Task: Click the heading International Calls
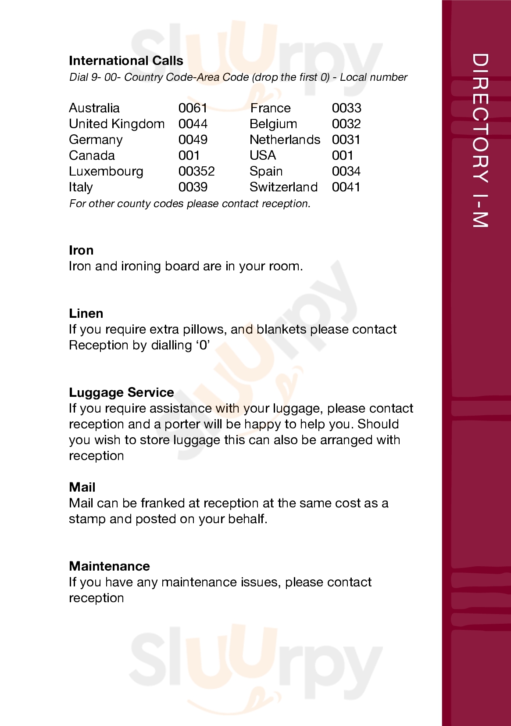(x=126, y=61)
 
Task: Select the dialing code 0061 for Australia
(x=193, y=108)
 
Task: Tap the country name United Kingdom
(x=117, y=124)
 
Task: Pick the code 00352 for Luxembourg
(x=197, y=171)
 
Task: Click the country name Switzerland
(x=283, y=187)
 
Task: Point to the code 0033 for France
(x=347, y=108)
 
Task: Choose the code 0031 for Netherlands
(x=346, y=140)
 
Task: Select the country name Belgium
(x=273, y=124)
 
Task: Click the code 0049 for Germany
(x=193, y=140)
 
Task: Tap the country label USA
(x=263, y=155)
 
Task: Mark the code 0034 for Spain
(x=346, y=171)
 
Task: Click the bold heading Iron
(x=81, y=250)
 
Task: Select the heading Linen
(x=86, y=313)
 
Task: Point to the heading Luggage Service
(x=121, y=392)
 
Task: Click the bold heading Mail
(x=82, y=487)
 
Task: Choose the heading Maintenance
(x=109, y=566)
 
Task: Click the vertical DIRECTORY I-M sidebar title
(x=480, y=140)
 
